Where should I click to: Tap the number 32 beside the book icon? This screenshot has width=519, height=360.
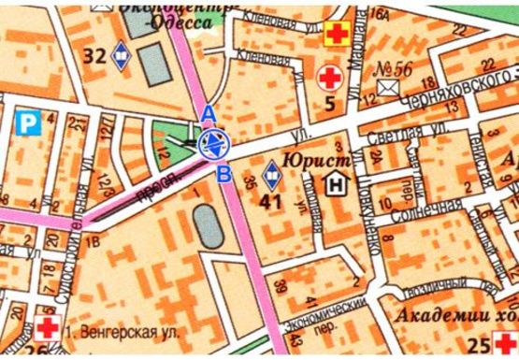(x=94, y=55)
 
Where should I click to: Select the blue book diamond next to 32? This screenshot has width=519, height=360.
(x=121, y=56)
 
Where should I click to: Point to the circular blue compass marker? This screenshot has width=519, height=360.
(x=215, y=144)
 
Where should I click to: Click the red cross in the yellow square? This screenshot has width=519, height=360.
(x=335, y=36)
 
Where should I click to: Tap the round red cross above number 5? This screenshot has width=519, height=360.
(x=329, y=76)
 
